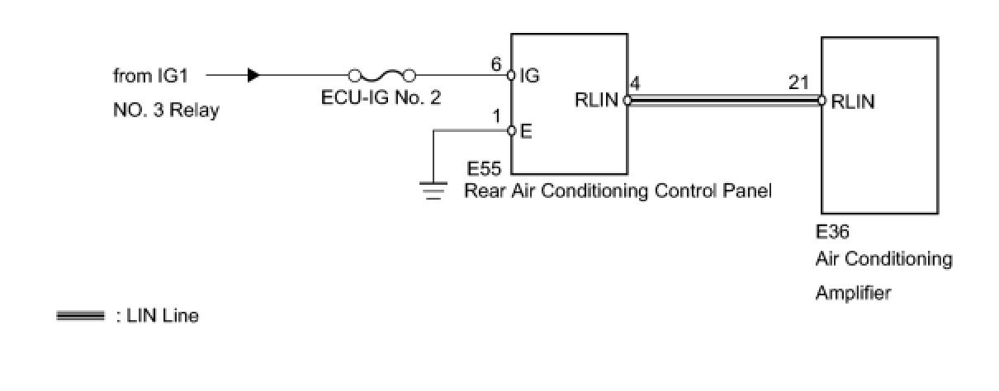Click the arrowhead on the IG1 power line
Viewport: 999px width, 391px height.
coord(253,75)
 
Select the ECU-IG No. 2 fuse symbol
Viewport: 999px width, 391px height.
coord(381,75)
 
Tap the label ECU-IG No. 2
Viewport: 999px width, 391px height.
coord(381,97)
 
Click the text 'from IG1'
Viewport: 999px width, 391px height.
coord(151,76)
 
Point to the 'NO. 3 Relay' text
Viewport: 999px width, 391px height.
coord(166,111)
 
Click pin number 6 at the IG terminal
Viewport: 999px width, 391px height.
coord(496,63)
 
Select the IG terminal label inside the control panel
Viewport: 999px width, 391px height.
coord(529,77)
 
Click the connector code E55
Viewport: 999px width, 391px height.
coord(484,170)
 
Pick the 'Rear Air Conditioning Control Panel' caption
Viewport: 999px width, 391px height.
coord(618,192)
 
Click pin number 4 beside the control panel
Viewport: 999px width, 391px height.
coord(634,83)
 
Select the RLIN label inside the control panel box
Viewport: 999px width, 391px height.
coord(596,101)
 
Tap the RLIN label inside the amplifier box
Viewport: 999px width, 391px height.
coord(853,102)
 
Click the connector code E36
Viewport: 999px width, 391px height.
coord(832,233)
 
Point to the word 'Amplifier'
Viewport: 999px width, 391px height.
coord(853,293)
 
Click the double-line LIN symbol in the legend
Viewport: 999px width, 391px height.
coord(80,316)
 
